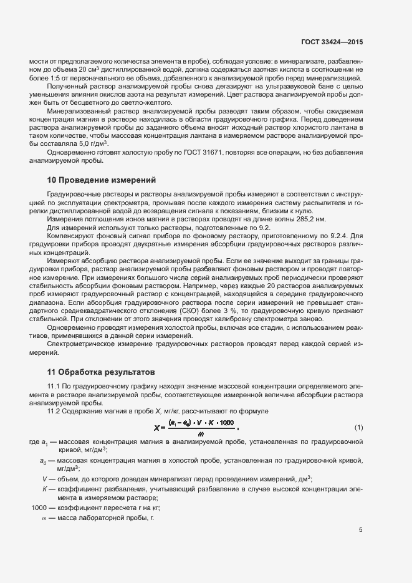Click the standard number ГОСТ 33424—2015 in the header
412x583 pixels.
pos(337,42)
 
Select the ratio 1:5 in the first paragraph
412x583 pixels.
pos(45,78)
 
